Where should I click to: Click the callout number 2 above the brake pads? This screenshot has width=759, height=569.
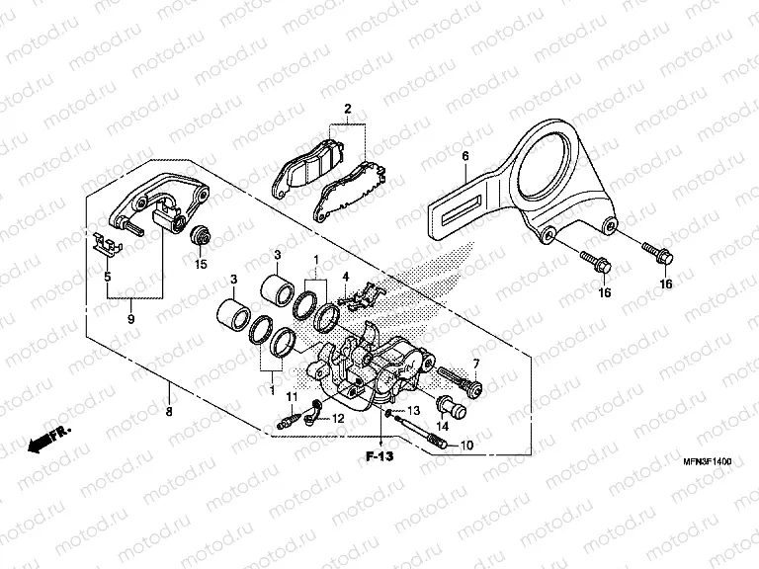(x=347, y=108)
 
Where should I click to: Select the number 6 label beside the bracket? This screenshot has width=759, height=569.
(x=464, y=156)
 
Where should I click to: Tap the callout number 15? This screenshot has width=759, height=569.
(x=201, y=264)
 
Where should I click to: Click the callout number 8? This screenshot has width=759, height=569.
(x=169, y=411)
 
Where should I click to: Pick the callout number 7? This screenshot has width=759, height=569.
(x=474, y=365)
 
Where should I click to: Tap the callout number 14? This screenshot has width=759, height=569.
(x=442, y=426)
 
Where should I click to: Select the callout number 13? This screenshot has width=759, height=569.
(x=413, y=410)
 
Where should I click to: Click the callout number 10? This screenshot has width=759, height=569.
(x=466, y=447)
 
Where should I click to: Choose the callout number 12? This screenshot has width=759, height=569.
(x=337, y=419)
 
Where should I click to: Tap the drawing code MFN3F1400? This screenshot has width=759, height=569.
(x=711, y=461)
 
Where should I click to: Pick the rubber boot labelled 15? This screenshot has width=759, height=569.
(x=201, y=237)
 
